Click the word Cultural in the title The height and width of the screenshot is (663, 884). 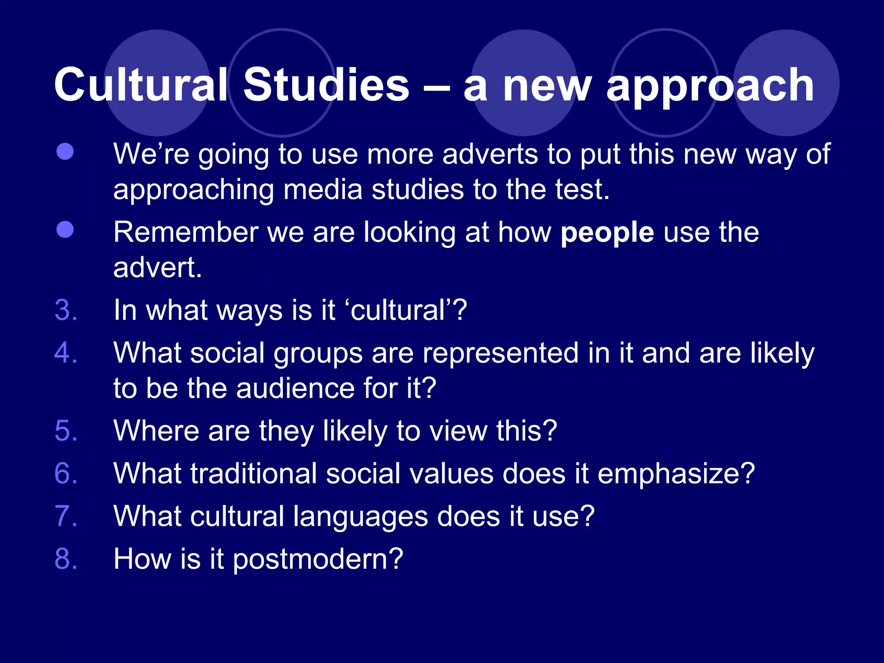(x=140, y=85)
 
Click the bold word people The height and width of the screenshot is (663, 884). (x=607, y=234)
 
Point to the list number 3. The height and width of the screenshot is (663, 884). (x=66, y=310)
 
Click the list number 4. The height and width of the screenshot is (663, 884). (x=66, y=353)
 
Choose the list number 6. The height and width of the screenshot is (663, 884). (x=66, y=474)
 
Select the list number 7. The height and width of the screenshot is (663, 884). (x=66, y=516)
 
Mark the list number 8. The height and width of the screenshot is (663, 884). (x=66, y=559)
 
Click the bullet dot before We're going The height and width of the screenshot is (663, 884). (x=65, y=152)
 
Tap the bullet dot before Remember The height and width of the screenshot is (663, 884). (x=65, y=230)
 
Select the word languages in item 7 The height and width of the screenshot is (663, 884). (x=360, y=517)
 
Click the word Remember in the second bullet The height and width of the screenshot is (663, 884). (x=186, y=233)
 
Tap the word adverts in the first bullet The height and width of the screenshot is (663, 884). (x=490, y=155)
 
